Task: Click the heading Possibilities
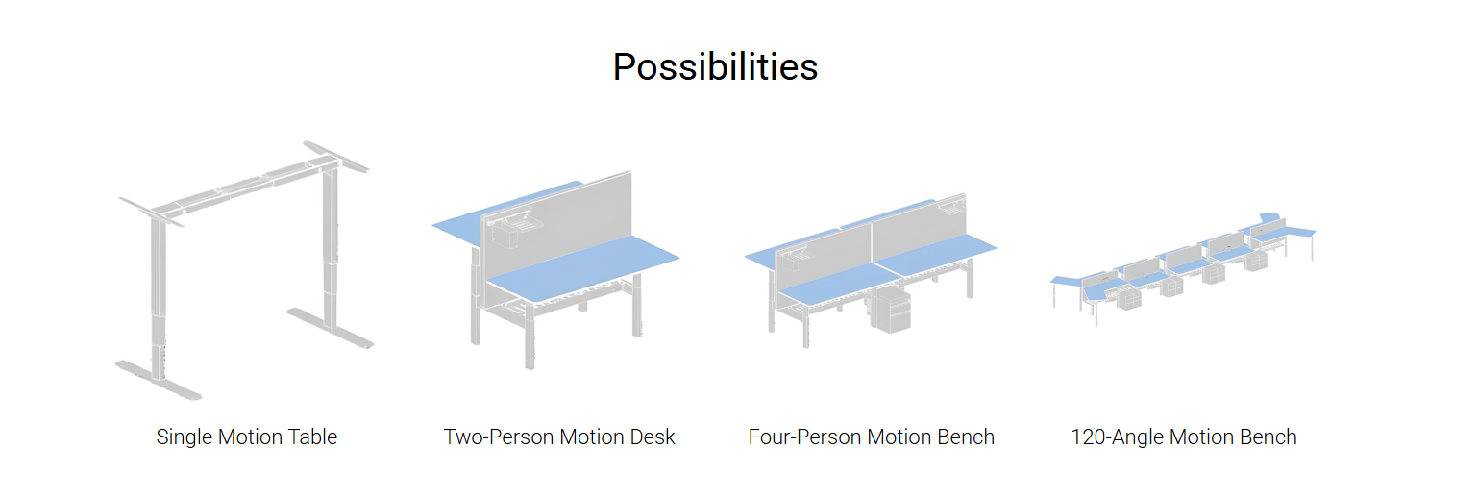[x=715, y=67]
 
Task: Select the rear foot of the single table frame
[x=330, y=327]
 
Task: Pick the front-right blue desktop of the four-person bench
[x=936, y=254]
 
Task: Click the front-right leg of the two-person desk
[x=637, y=307]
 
